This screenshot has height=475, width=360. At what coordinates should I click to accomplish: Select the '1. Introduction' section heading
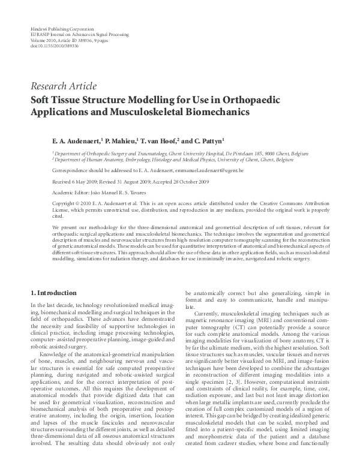coord(53,293)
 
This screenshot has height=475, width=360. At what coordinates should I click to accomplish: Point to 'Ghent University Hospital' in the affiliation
coord(190,154)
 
